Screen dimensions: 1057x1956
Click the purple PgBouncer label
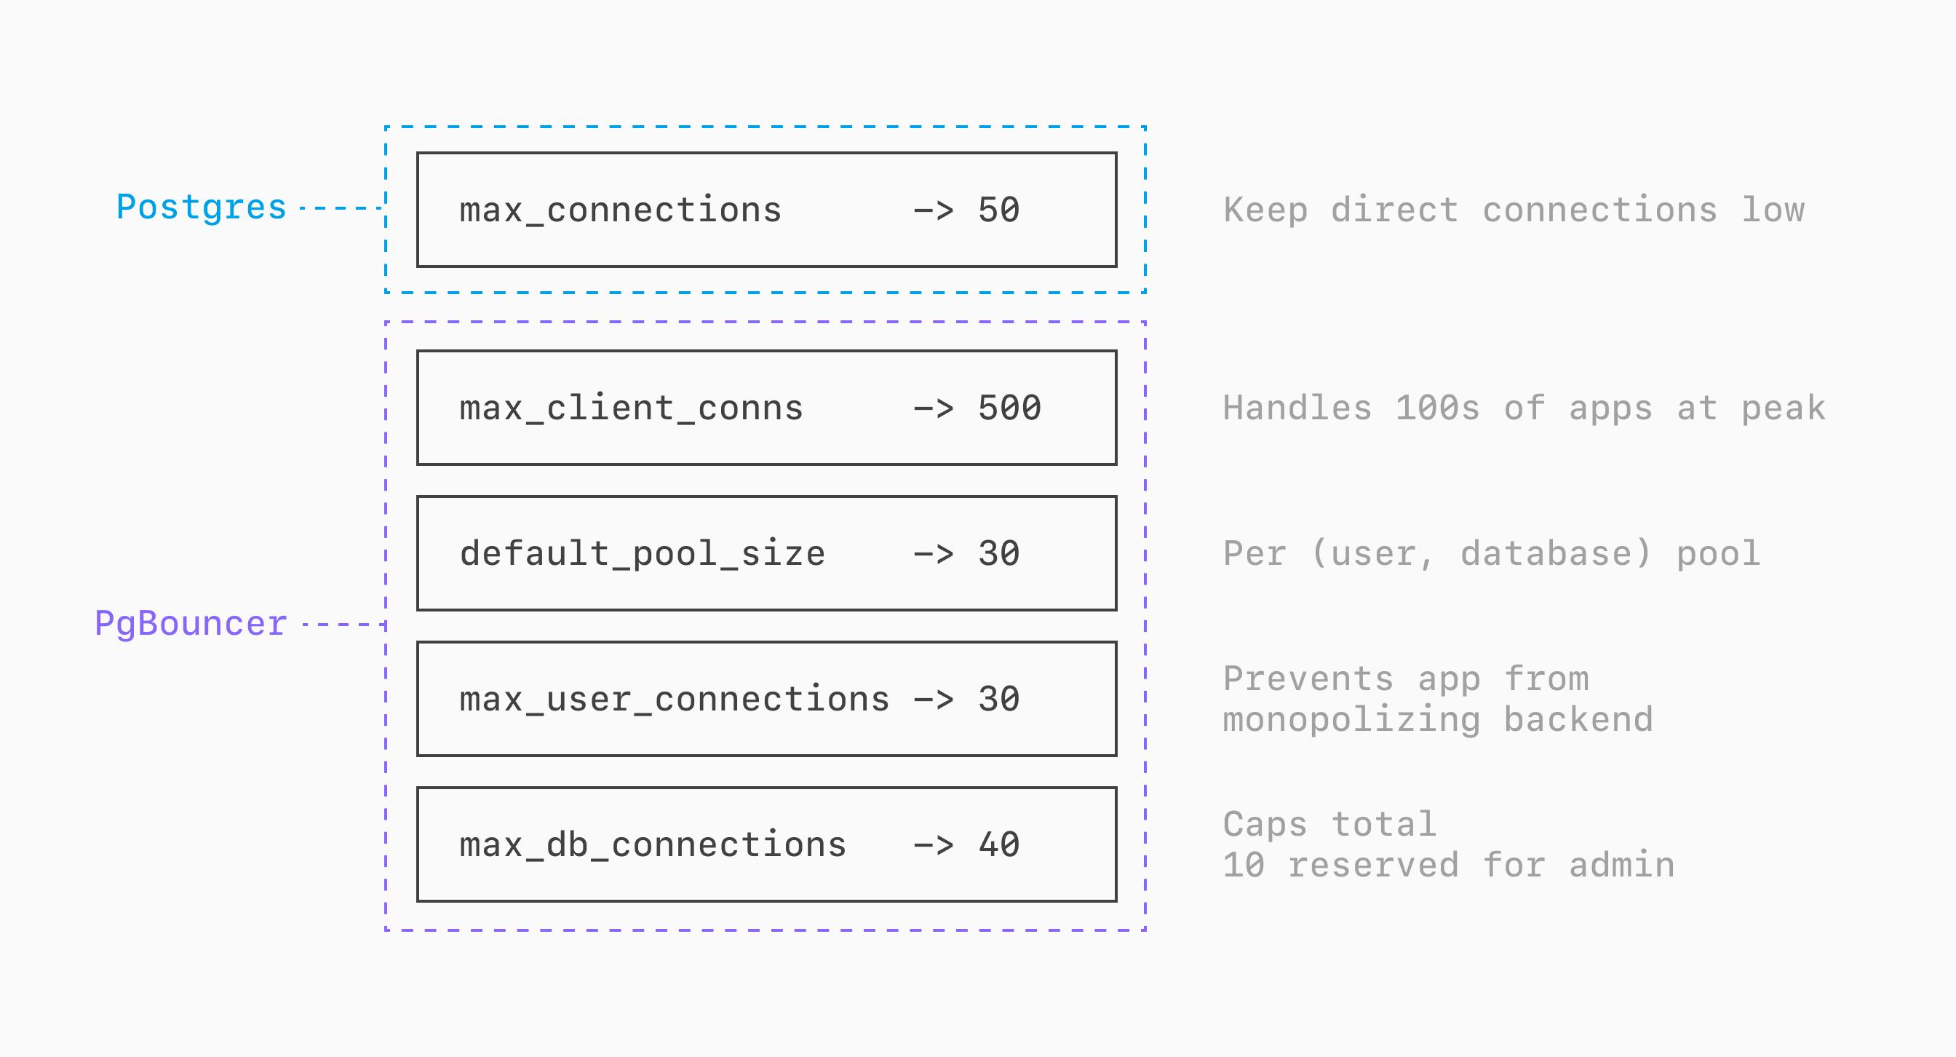pos(191,623)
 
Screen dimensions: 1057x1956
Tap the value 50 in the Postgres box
pos(998,210)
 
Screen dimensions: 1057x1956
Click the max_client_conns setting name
pos(630,408)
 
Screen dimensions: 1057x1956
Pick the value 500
pos(1009,408)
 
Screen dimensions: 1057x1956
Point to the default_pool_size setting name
pos(642,553)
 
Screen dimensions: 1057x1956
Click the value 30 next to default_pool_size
pos(998,553)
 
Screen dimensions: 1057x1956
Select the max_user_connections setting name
pos(674,700)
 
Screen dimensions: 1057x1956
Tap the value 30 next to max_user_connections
pos(998,700)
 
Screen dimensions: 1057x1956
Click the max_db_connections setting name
pos(652,845)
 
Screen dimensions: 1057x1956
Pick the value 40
pos(998,845)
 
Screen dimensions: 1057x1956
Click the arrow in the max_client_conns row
pos(932,408)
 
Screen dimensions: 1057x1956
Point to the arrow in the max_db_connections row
pos(932,845)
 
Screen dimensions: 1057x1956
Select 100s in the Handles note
pos(1437,408)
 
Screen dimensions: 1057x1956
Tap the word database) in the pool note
pos(1556,553)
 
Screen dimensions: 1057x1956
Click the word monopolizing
pos(1351,720)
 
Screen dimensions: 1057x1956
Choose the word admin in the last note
pos(1621,866)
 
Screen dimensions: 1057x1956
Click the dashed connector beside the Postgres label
pos(342,207)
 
